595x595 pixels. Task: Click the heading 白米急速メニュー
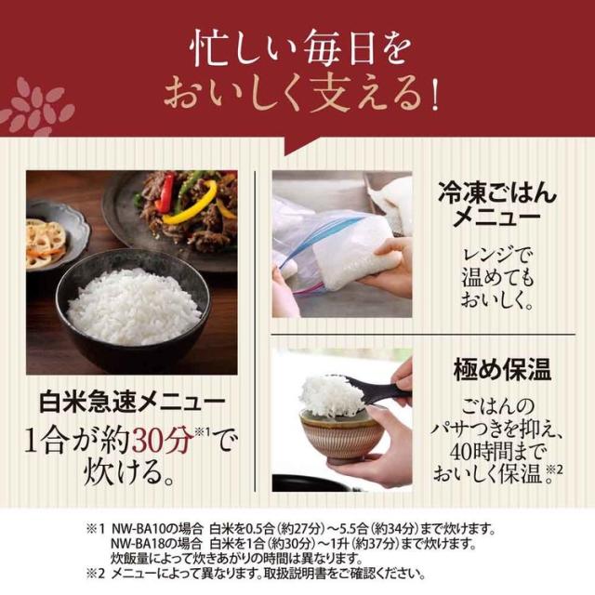click(x=132, y=403)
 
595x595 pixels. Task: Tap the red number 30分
click(x=163, y=440)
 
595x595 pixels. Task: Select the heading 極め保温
click(x=502, y=370)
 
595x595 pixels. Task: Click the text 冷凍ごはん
click(x=497, y=192)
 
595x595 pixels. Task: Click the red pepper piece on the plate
click(x=165, y=193)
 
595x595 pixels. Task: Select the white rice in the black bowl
click(x=133, y=306)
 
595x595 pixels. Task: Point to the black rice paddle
click(x=374, y=387)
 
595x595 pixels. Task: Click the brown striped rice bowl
click(x=341, y=436)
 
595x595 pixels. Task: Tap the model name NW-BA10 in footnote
click(x=139, y=528)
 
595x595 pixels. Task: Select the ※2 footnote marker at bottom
click(x=95, y=574)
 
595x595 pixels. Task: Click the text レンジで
click(x=497, y=254)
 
